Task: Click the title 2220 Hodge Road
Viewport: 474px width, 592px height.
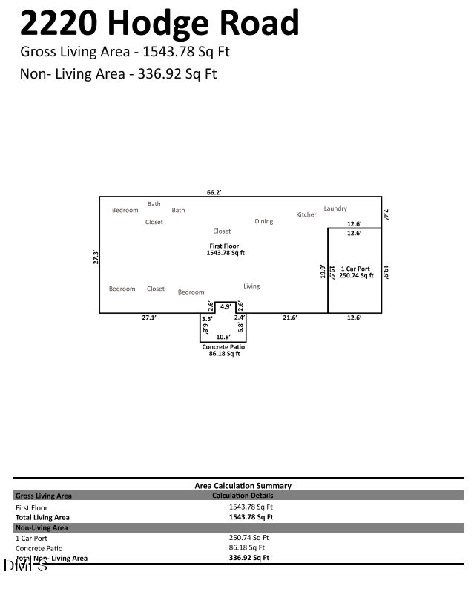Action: (159, 24)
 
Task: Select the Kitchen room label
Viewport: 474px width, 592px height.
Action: (307, 215)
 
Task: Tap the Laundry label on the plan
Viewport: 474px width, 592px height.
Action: (335, 209)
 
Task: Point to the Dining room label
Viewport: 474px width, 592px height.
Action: (264, 222)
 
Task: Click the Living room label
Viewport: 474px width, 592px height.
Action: (251, 286)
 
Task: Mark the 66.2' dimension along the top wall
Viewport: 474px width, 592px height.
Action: (214, 192)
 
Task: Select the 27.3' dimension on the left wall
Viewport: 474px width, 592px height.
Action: (96, 257)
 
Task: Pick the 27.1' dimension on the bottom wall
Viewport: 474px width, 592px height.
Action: (149, 318)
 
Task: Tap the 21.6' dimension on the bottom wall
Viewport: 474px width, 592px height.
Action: (290, 318)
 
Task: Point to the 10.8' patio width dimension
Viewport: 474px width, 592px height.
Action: (223, 337)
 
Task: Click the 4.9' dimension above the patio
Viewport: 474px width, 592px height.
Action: (225, 306)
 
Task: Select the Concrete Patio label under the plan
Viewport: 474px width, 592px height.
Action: (223, 347)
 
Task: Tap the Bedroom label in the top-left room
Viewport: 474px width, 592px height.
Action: (125, 211)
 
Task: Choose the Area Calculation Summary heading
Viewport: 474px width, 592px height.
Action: (243, 486)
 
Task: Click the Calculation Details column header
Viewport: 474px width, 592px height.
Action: (243, 496)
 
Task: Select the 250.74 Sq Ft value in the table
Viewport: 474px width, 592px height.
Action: (249, 538)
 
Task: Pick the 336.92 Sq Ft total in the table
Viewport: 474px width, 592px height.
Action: (249, 558)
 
